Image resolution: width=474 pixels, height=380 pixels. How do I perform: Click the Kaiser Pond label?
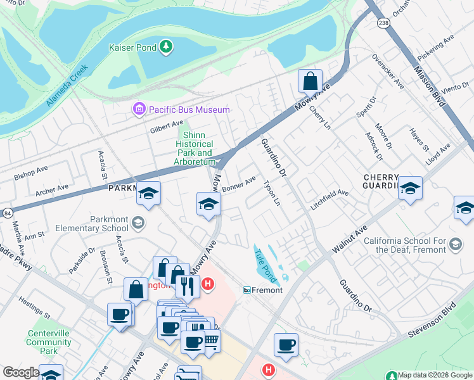(x=132, y=46)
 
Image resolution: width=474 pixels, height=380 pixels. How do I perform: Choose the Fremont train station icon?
(x=248, y=289)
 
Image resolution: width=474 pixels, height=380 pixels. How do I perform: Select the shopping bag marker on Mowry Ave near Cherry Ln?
(x=310, y=82)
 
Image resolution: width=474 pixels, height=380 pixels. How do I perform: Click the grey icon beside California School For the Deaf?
(x=455, y=244)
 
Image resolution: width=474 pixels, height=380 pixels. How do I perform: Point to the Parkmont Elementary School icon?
(x=139, y=222)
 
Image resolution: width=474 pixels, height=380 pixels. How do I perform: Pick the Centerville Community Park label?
(x=48, y=342)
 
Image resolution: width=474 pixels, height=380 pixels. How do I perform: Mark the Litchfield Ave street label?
(x=329, y=199)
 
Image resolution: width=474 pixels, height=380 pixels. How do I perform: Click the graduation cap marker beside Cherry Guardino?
(x=410, y=188)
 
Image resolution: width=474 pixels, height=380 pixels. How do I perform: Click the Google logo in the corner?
(x=20, y=372)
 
